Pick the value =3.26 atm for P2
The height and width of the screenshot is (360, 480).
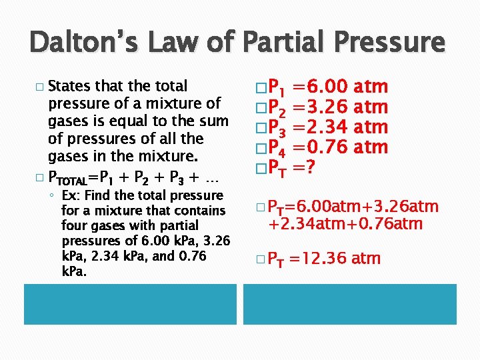344,107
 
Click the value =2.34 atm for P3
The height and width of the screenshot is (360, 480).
344,127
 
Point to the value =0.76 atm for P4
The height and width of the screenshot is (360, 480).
344,147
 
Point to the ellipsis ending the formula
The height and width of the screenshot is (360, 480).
214,179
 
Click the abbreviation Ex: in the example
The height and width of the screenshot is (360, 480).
69,195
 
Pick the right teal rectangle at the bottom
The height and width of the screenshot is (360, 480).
349,305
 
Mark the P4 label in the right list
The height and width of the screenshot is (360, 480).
280,147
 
